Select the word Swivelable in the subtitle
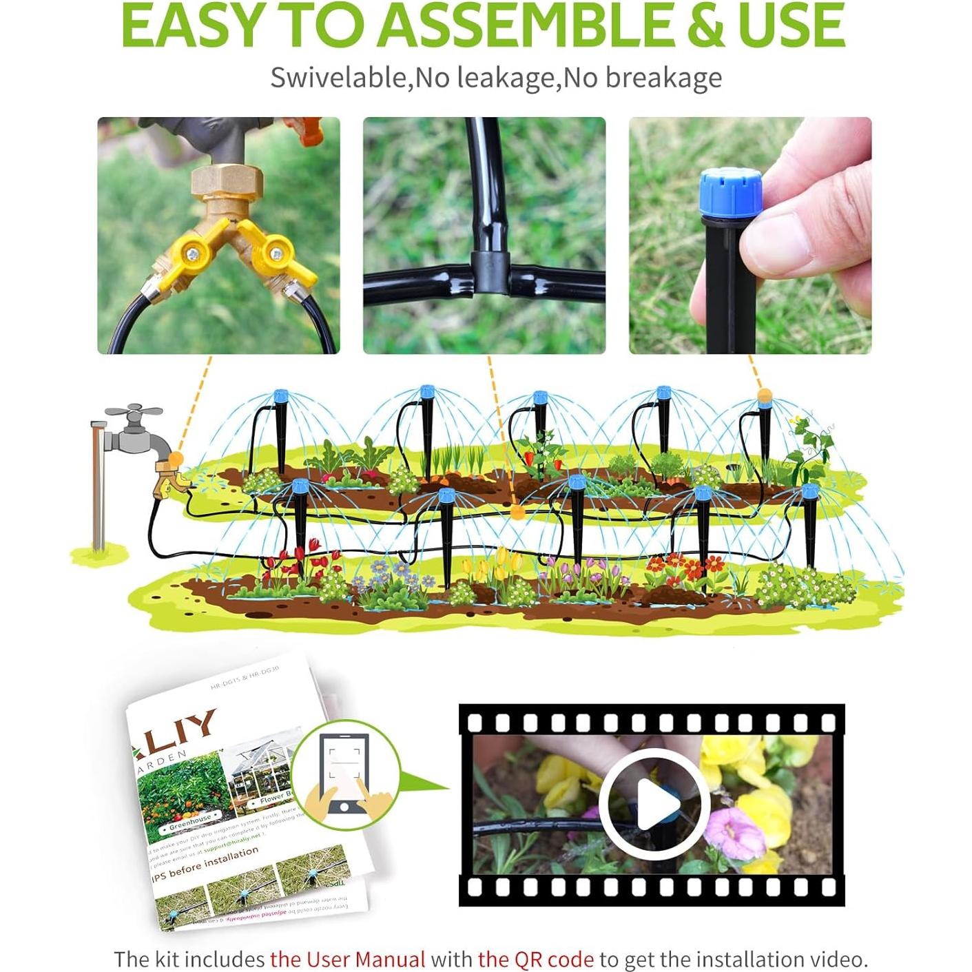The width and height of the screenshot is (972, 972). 339,78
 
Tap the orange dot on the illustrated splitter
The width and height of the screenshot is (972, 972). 177,457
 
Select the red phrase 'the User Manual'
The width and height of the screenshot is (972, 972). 347,959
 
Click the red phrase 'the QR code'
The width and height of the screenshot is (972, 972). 535,959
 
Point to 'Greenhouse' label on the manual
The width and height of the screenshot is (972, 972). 191,821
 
